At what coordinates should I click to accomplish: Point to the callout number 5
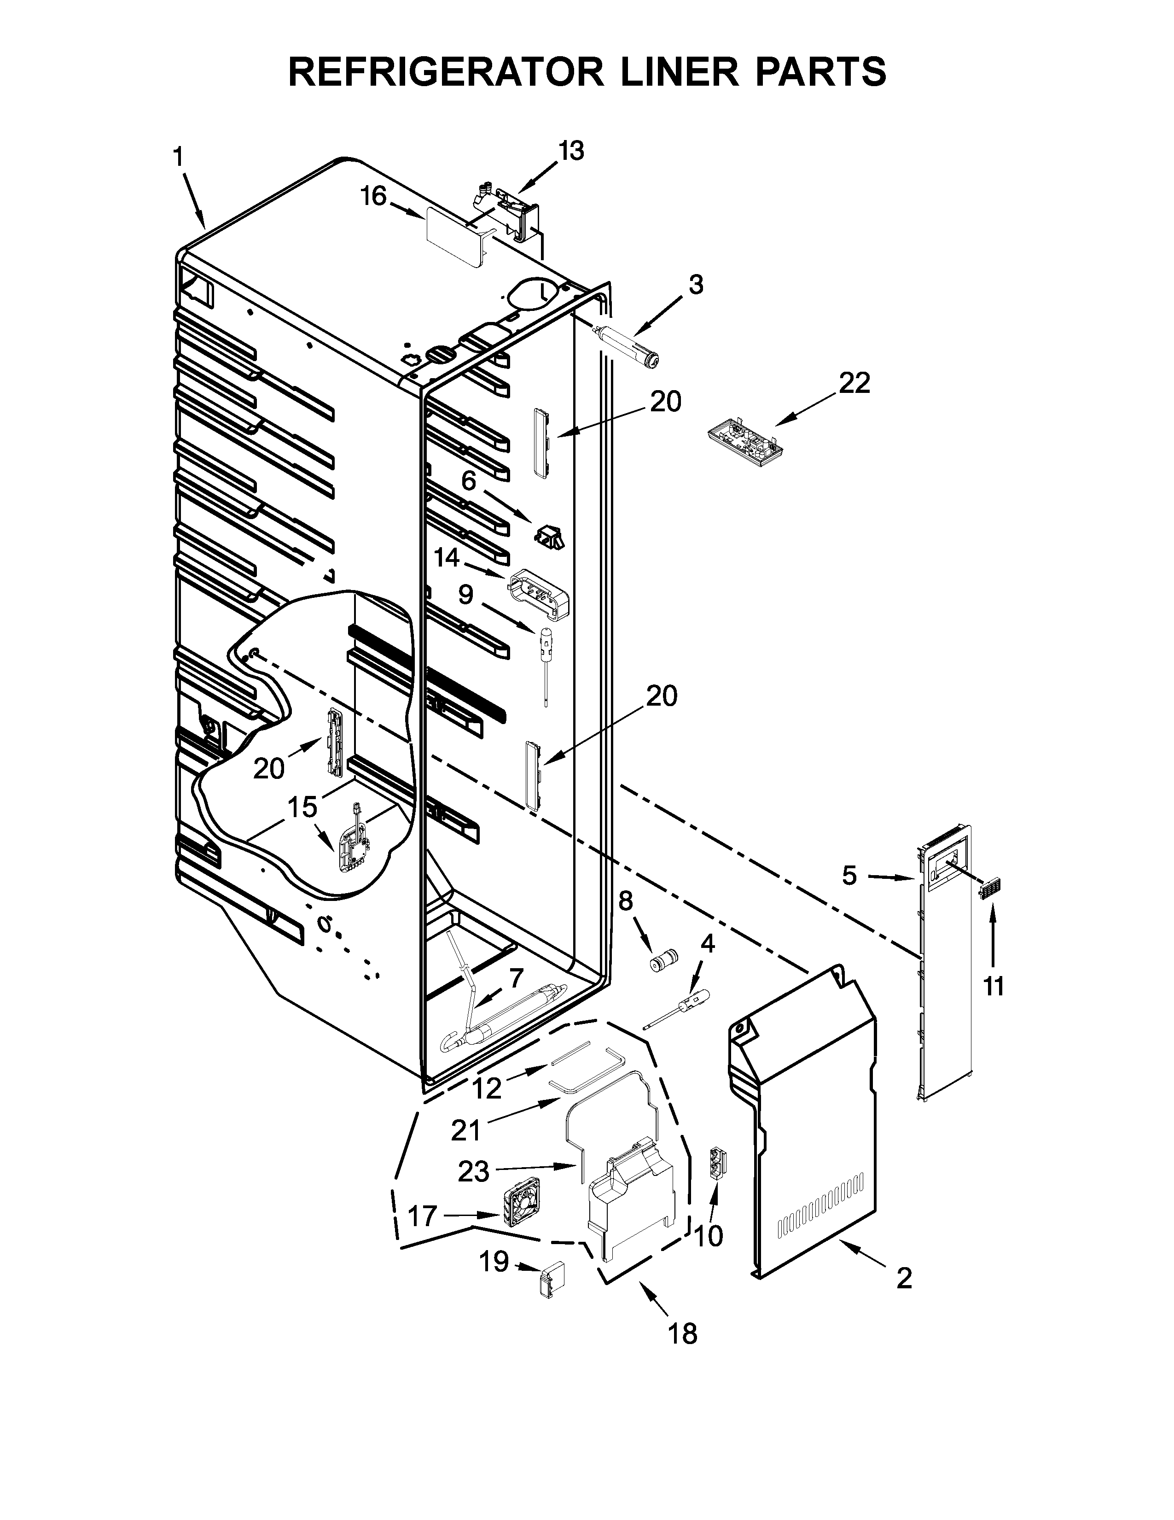click(x=850, y=875)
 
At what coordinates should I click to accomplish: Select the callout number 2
click(x=903, y=1297)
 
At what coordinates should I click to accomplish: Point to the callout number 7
click(x=515, y=978)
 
